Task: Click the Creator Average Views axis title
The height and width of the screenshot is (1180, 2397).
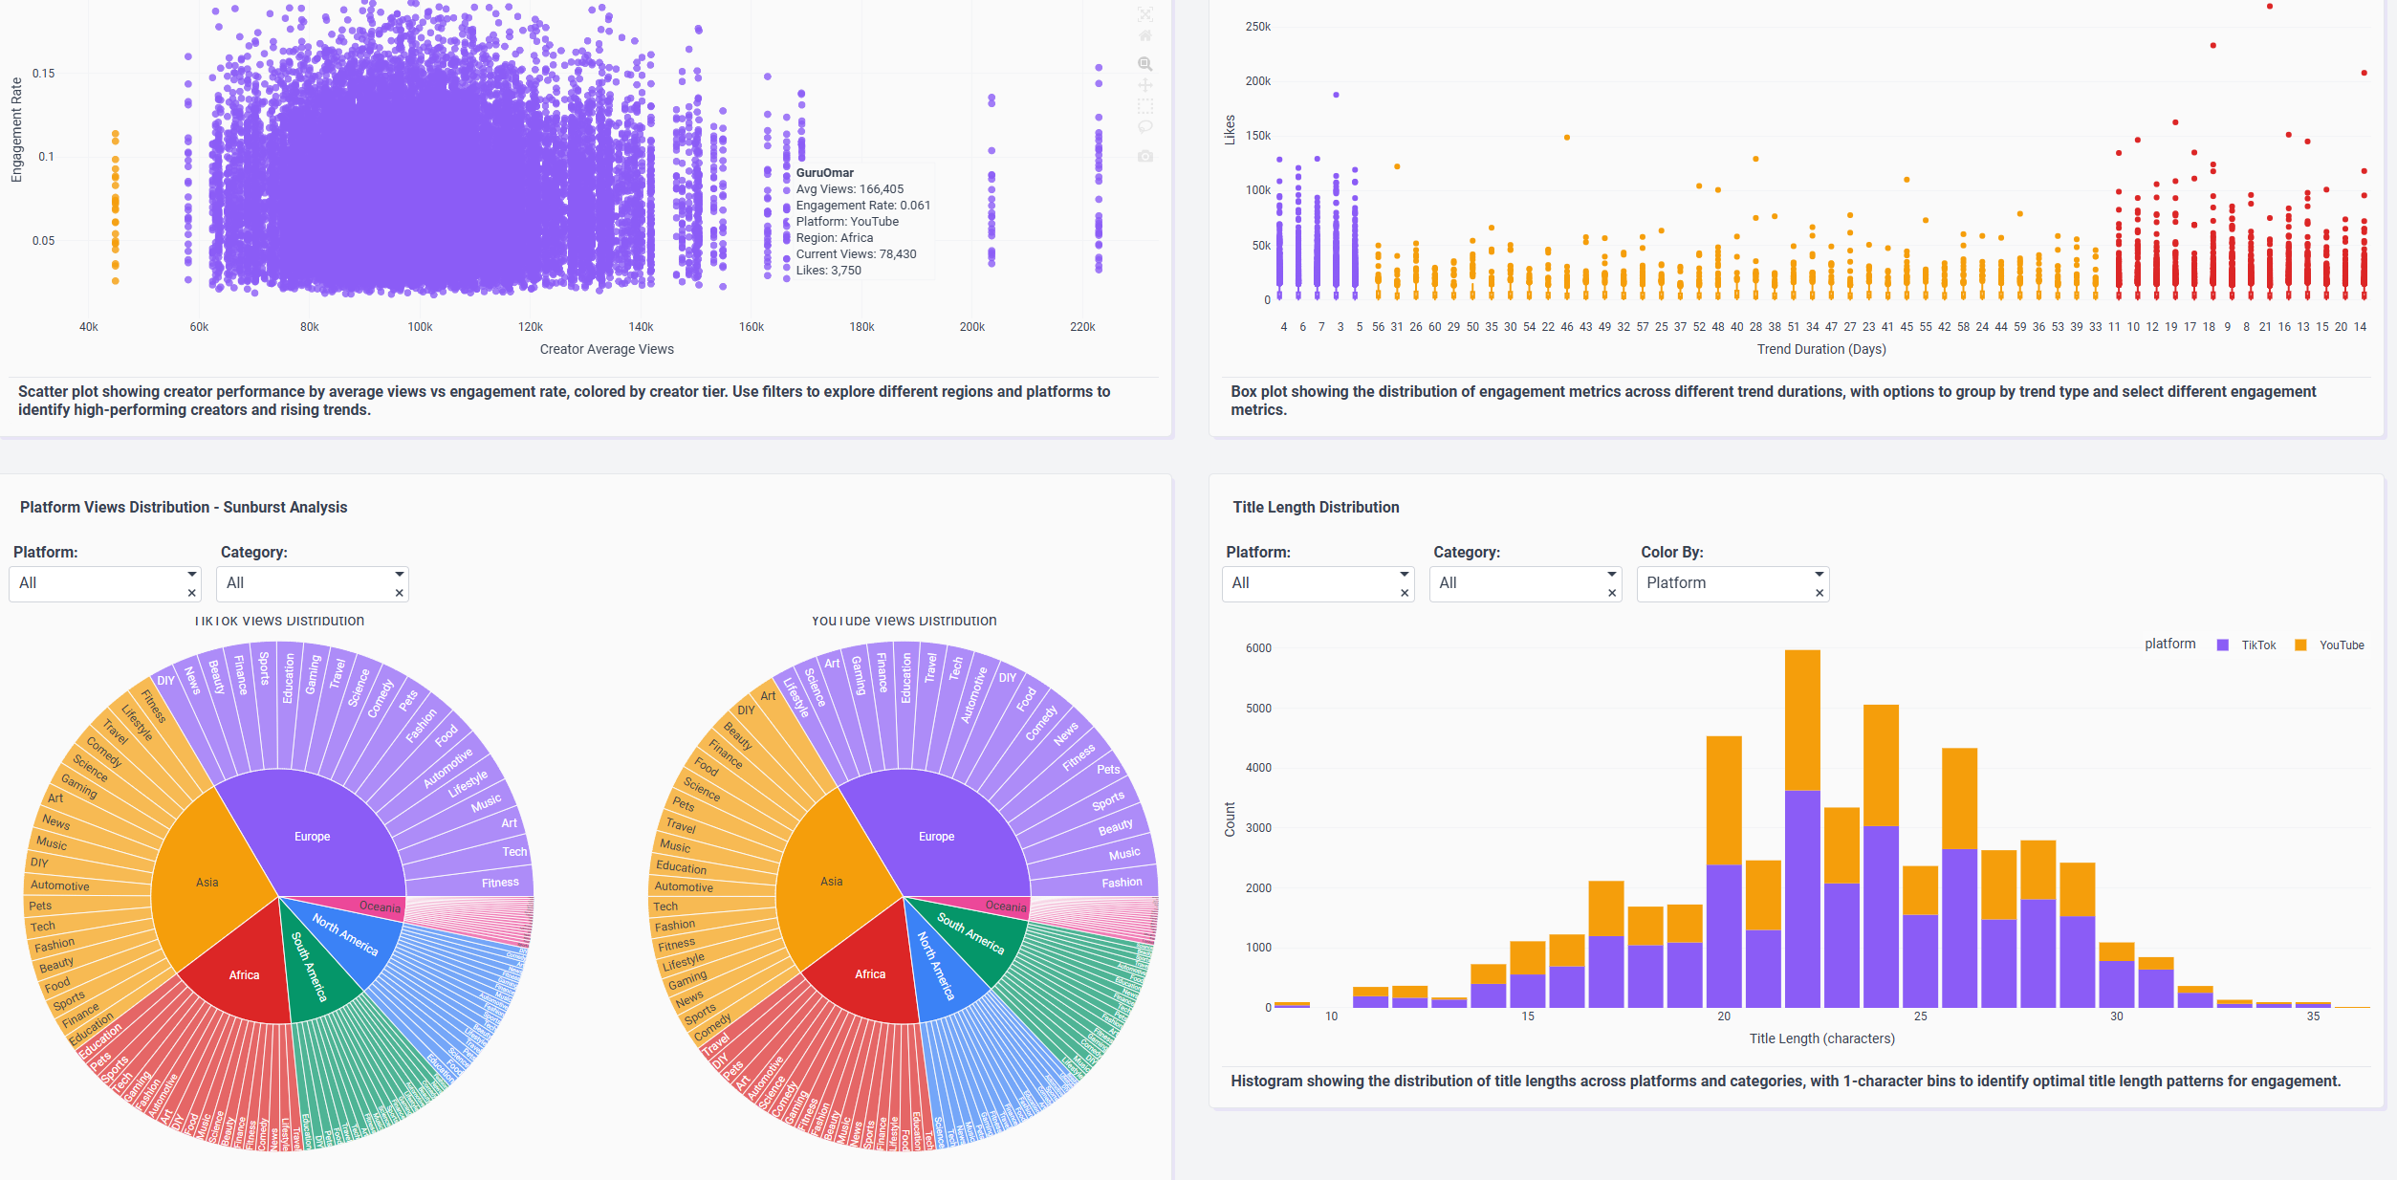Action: point(606,349)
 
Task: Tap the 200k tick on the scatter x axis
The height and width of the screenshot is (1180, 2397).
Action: point(971,327)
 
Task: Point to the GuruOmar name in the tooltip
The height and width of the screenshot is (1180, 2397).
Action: point(824,173)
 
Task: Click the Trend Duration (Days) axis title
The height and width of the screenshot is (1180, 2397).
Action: point(1820,349)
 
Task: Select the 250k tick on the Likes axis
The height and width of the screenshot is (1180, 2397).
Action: point(1257,27)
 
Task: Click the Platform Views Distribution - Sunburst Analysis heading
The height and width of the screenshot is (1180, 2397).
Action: point(184,507)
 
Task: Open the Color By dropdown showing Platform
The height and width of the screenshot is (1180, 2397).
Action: point(1732,583)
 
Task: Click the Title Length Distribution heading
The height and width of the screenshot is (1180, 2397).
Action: point(1315,507)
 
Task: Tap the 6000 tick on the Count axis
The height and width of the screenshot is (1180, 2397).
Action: point(1257,648)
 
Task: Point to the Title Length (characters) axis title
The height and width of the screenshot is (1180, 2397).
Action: point(1821,1038)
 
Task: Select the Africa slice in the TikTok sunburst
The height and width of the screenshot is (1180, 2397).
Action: point(244,975)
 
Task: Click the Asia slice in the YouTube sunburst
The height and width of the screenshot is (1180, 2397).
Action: point(831,882)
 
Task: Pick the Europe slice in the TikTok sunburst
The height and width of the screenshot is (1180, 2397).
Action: point(312,837)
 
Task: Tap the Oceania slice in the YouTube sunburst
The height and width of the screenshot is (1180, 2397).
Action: point(1005,906)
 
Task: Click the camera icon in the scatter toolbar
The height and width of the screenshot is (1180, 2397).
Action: point(1145,156)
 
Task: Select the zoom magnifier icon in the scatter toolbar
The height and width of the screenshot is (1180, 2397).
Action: point(1144,64)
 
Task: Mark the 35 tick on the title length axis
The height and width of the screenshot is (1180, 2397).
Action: point(2312,1016)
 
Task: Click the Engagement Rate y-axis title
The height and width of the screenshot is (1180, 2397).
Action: point(16,130)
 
